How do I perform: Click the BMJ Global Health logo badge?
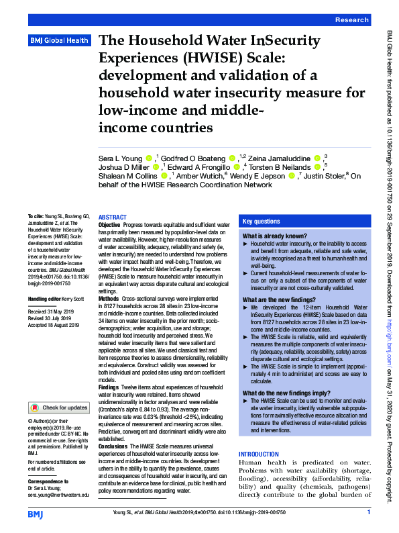click(x=60, y=41)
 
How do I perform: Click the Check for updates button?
click(x=58, y=407)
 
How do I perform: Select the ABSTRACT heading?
click(x=112, y=217)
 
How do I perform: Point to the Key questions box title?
click(x=262, y=221)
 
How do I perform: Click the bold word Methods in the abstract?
click(x=110, y=299)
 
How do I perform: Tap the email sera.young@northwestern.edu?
click(x=58, y=495)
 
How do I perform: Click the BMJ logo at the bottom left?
click(x=35, y=514)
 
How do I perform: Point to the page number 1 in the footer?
click(x=368, y=513)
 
